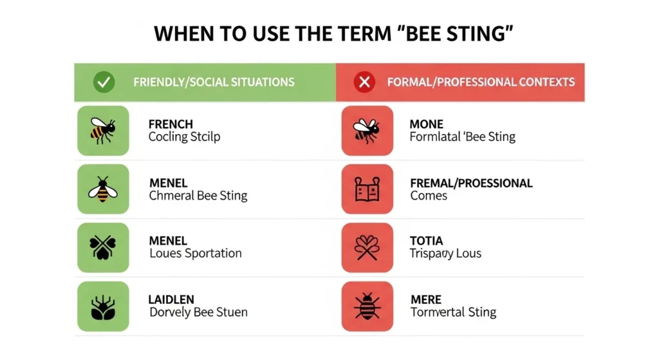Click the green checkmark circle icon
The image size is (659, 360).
click(x=104, y=82)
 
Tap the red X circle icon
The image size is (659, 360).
click(x=365, y=82)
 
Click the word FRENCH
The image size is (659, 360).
click(x=171, y=124)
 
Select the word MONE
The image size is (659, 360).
click(x=426, y=124)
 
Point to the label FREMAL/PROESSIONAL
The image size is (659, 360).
click(x=471, y=183)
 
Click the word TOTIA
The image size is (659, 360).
click(x=426, y=242)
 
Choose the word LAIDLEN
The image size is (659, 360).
click(x=171, y=299)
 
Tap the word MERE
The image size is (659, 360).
click(x=425, y=299)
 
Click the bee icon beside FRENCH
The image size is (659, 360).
click(x=103, y=130)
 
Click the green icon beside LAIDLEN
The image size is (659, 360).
click(x=103, y=306)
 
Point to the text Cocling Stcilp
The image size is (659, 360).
click(x=184, y=137)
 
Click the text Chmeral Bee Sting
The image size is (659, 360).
click(x=198, y=195)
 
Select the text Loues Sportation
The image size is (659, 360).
click(x=195, y=253)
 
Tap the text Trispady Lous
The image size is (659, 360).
click(x=445, y=253)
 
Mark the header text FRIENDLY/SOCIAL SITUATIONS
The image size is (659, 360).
click(x=214, y=82)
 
